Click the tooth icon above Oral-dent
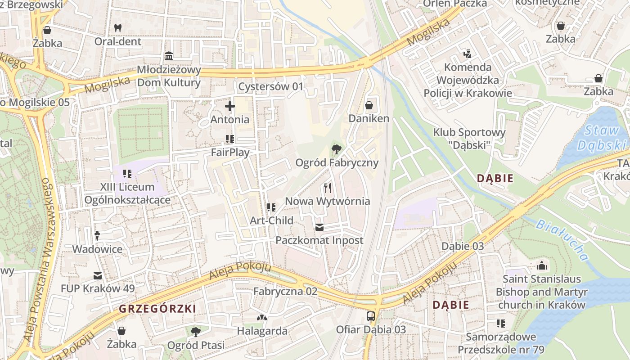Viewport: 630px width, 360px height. (118, 28)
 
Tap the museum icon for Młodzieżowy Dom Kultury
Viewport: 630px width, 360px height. (169, 56)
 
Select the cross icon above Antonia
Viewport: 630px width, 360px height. (230, 106)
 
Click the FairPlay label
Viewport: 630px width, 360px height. (230, 153)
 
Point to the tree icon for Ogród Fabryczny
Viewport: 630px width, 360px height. (336, 149)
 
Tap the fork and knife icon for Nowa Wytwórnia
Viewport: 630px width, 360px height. (328, 188)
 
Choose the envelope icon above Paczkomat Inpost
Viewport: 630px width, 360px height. (319, 227)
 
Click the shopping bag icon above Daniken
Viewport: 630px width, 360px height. (369, 106)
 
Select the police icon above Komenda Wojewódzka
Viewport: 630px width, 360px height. (467, 54)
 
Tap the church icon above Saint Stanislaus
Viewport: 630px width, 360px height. (542, 266)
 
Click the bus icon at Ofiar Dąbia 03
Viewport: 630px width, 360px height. (371, 316)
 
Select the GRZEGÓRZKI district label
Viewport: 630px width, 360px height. (157, 309)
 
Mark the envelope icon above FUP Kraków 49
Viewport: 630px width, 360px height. (98, 276)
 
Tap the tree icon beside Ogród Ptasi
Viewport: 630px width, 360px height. (195, 332)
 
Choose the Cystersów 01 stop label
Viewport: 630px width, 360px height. (271, 86)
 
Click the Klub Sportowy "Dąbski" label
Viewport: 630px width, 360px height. (469, 138)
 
